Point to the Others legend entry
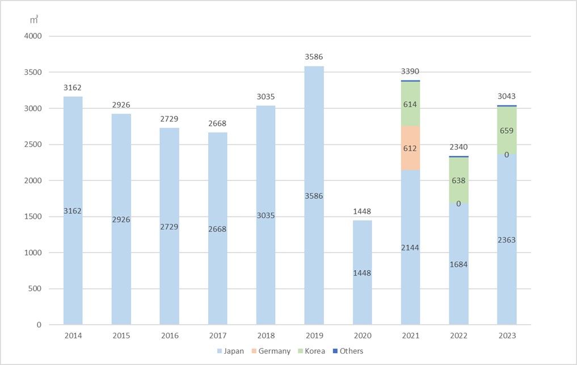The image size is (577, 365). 347,351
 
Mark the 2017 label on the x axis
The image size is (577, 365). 217,336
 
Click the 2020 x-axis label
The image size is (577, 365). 362,336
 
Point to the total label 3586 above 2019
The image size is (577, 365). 314,57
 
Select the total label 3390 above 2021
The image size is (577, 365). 410,71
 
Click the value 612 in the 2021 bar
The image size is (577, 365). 410,148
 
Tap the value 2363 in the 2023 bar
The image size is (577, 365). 507,240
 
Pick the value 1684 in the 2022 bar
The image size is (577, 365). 458,265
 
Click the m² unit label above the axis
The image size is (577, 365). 34,20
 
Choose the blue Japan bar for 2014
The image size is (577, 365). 73,255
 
